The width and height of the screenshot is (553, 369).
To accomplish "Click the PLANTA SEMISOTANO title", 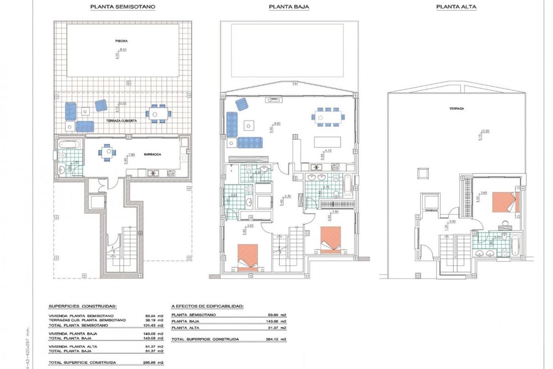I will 123,7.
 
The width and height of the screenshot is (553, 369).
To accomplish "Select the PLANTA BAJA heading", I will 289,7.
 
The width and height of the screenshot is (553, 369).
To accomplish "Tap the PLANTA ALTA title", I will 456,7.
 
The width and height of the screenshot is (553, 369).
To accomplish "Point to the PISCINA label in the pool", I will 122,41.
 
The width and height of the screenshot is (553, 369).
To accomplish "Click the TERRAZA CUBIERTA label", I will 121,120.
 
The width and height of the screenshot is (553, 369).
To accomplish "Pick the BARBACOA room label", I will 152,155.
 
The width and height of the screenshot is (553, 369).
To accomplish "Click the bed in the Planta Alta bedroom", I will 506,202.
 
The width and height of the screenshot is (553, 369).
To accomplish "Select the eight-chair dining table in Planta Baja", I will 329,116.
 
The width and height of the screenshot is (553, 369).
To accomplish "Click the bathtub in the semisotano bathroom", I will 70,143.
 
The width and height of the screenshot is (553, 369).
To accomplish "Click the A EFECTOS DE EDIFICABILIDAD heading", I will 207,306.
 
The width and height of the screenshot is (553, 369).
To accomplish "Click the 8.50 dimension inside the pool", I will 123,49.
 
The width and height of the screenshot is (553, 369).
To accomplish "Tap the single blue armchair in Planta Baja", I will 241,105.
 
